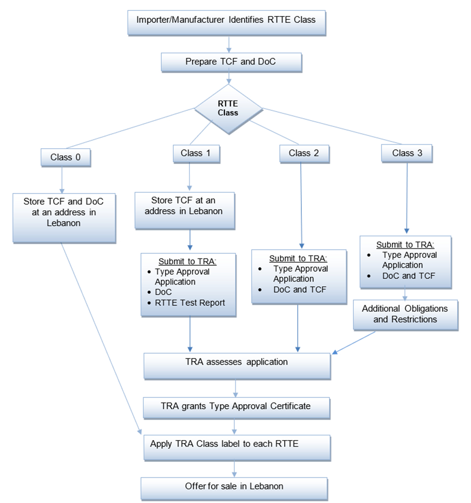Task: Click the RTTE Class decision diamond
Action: tap(228, 108)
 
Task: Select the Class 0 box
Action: tap(66, 157)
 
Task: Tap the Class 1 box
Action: tap(195, 153)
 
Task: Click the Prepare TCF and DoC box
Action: tap(231, 62)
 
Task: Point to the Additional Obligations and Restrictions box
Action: tap(405, 314)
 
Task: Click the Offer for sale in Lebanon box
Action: tap(234, 487)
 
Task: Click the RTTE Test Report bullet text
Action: tap(190, 302)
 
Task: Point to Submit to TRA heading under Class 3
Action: tap(405, 245)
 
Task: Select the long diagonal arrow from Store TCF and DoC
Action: tap(101, 338)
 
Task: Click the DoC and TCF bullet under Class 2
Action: tap(299, 290)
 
